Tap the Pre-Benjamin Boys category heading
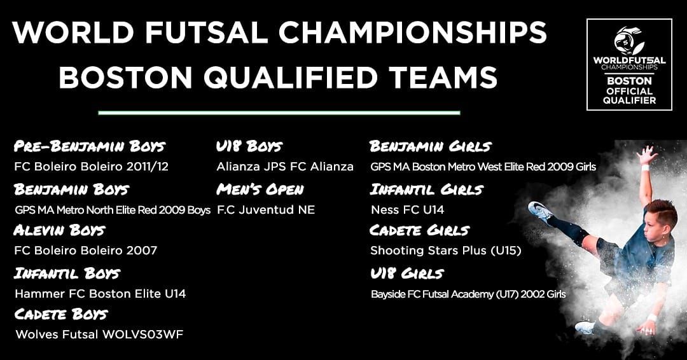[x=90, y=146]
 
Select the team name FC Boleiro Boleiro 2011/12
[x=91, y=167]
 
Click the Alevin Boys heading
[x=60, y=230]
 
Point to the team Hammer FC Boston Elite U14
[x=101, y=293]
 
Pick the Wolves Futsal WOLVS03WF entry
[x=99, y=335]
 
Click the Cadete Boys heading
[x=61, y=314]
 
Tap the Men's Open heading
[x=260, y=189]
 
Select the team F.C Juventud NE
[x=266, y=210]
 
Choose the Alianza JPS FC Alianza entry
[x=285, y=167]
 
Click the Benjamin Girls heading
[x=430, y=146]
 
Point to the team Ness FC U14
[x=408, y=210]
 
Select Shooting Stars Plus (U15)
[x=445, y=251]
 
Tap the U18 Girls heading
[x=407, y=273]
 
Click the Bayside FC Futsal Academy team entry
[x=468, y=294]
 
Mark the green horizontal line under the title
[x=279, y=113]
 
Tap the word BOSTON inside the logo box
[x=629, y=81]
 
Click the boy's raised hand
[x=647, y=155]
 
